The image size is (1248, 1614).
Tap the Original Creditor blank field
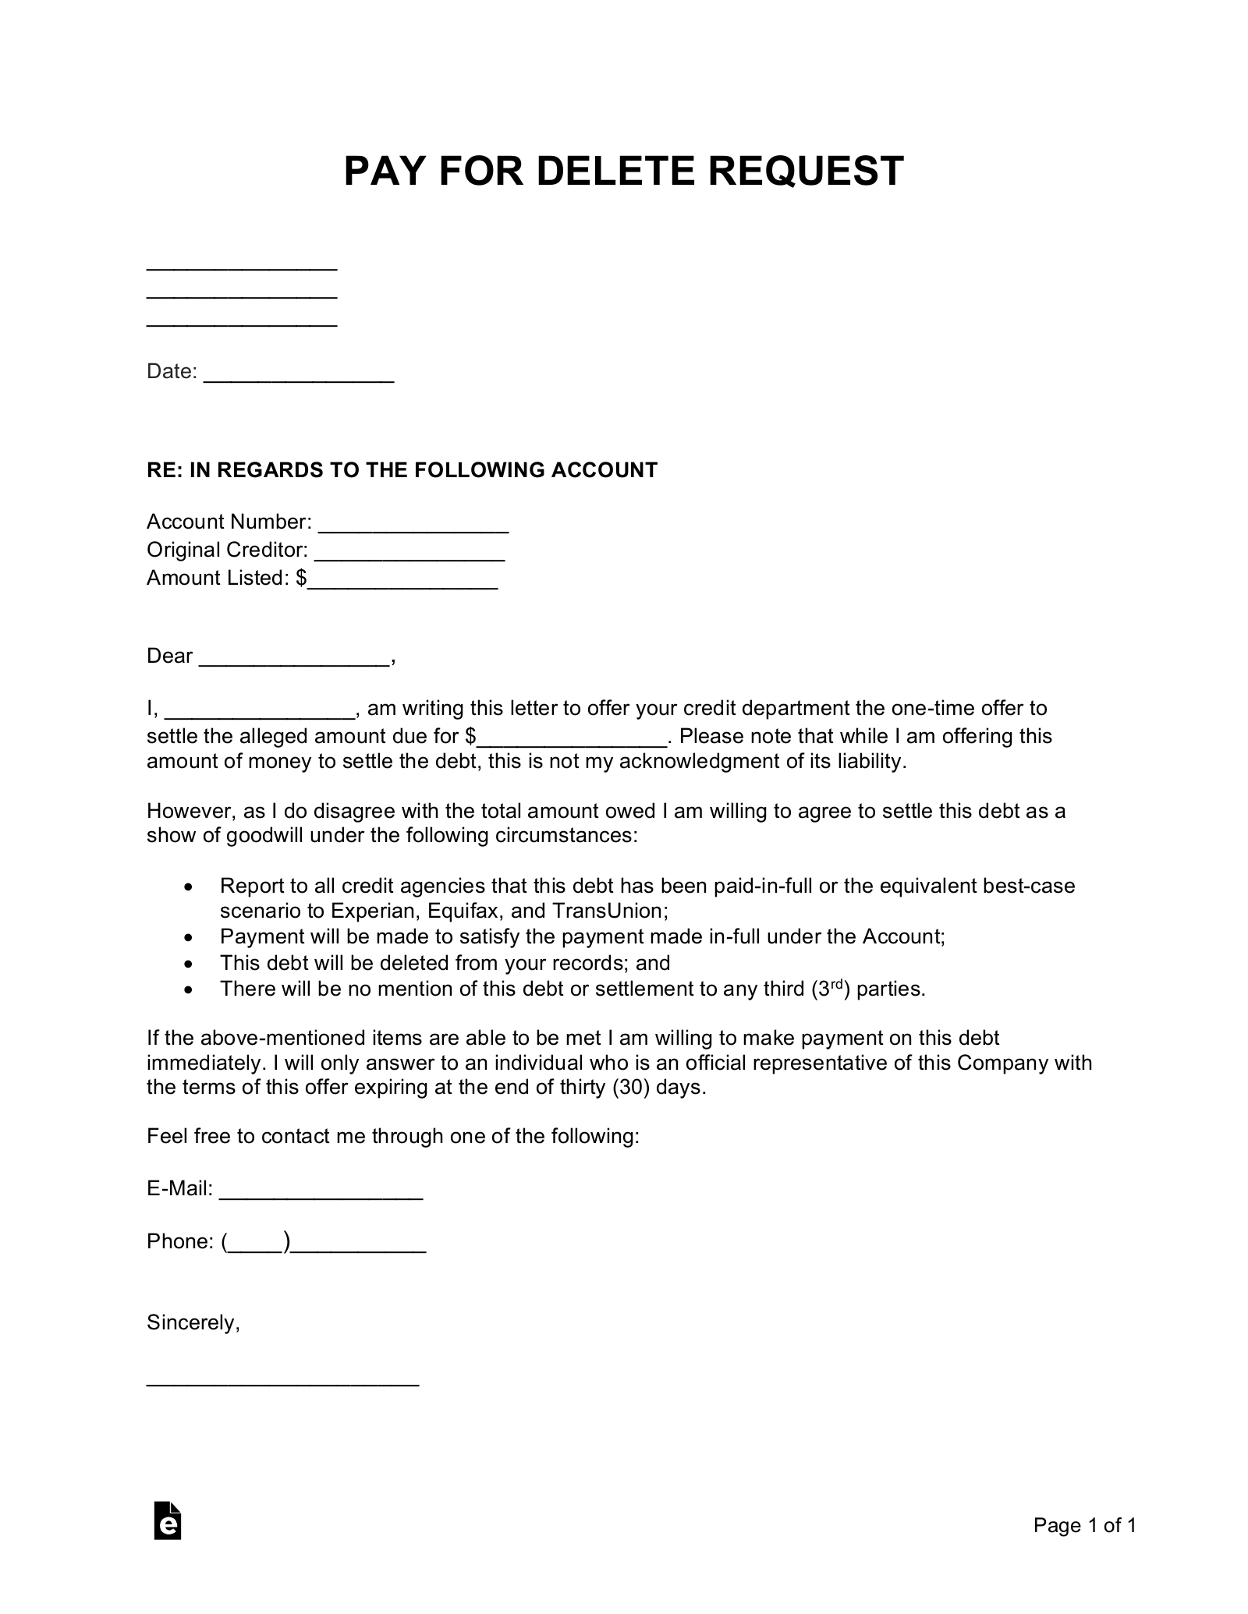click(409, 551)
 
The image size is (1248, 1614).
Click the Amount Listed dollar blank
click(402, 579)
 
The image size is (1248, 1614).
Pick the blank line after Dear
click(294, 657)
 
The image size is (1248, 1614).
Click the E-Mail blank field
click(321, 1190)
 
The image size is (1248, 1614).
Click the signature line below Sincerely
click(282, 1382)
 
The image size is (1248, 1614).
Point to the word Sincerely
click(193, 1323)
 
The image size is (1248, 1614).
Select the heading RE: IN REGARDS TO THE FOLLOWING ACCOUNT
click(402, 470)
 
